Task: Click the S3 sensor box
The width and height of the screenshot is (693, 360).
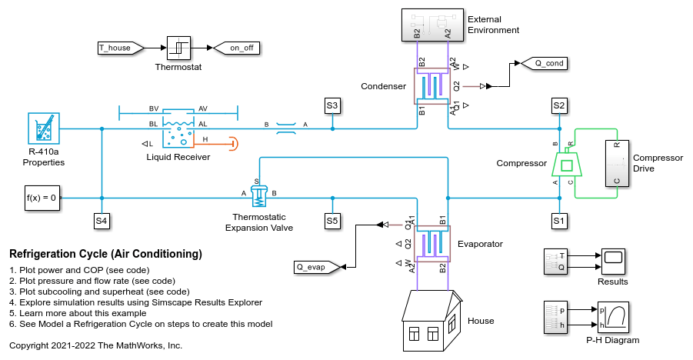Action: point(332,105)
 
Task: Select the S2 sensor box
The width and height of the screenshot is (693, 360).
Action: point(559,105)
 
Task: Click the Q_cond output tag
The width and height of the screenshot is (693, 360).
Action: point(545,63)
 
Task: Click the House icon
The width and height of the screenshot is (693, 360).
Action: point(431,320)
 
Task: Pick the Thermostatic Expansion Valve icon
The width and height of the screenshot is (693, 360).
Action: point(259,195)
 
